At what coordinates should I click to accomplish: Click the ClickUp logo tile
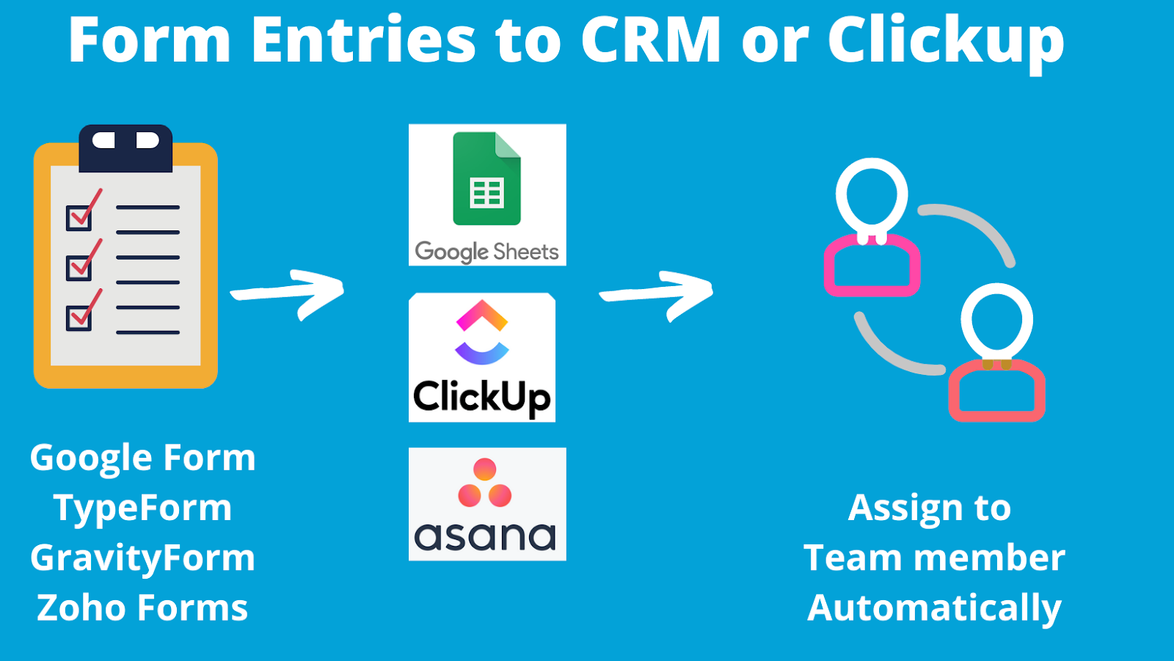(482, 357)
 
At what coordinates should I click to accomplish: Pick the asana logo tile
(487, 504)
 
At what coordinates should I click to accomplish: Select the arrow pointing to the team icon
(657, 294)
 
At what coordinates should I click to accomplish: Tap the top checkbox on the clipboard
(79, 217)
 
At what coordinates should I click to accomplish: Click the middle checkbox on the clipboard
(79, 267)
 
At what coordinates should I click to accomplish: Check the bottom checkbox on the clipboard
(79, 317)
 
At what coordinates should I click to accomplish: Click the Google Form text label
(143, 459)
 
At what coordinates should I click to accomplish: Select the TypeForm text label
(143, 508)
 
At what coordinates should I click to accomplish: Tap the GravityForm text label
(143, 558)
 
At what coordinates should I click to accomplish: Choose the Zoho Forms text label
(143, 608)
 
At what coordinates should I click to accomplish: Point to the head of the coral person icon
(997, 321)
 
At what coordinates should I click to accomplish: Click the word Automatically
(934, 608)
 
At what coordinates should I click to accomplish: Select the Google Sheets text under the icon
(487, 252)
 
